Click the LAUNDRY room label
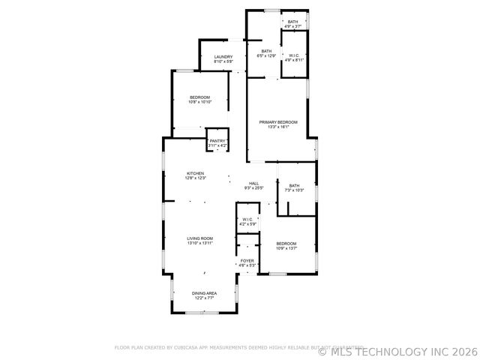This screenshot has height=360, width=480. coord(223,57)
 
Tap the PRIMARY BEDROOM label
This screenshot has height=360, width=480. coord(278,121)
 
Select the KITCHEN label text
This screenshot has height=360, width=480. coord(196,173)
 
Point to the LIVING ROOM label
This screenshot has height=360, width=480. coord(200,238)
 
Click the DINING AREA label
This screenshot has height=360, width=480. coord(205,293)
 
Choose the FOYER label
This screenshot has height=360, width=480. coord(247,260)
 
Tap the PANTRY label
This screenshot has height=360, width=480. coord(217,141)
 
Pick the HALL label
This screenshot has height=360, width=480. coord(253,184)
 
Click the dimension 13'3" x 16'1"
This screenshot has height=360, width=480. coord(278,127)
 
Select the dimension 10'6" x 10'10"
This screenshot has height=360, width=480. coord(200,102)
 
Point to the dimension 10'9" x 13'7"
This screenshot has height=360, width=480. coord(286,248)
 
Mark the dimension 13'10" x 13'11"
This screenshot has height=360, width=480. coord(200,243)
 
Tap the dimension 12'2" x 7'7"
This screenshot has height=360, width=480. coord(205,298)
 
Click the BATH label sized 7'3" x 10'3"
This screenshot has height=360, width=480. coord(294,186)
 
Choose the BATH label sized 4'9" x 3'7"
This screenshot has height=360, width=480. coord(292,22)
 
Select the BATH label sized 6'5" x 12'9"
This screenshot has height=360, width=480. coord(266,51)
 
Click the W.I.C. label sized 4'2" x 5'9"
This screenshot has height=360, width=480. coord(247,220)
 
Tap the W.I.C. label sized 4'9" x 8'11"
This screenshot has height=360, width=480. coord(293,55)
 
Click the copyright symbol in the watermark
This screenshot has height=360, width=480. coord(323,350)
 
